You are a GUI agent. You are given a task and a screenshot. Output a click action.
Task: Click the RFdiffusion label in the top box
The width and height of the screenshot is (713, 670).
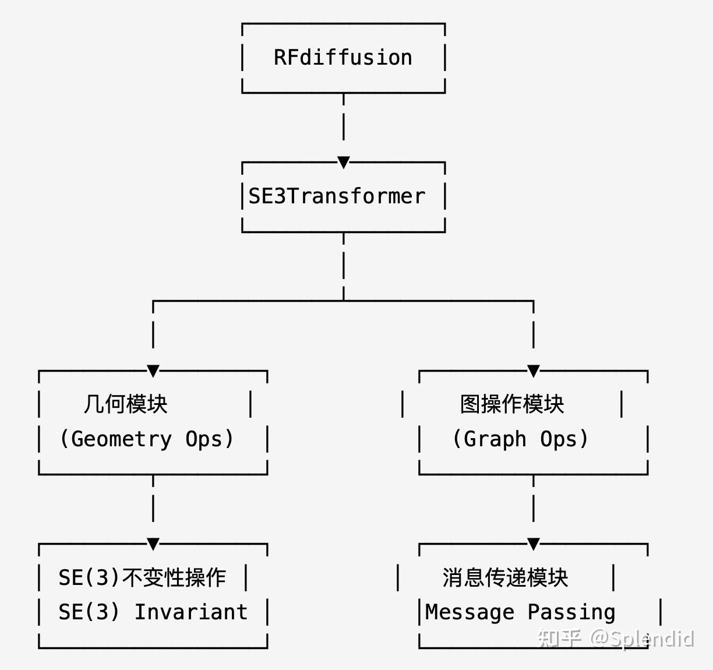point(343,58)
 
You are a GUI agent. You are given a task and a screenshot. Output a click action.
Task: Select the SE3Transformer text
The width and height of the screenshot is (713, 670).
point(337,196)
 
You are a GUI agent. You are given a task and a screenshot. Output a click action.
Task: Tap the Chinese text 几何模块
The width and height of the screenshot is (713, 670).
point(125,404)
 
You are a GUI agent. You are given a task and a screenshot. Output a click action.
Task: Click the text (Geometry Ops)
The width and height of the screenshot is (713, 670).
point(146,439)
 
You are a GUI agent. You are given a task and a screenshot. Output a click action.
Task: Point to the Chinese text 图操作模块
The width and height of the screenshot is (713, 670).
point(512,404)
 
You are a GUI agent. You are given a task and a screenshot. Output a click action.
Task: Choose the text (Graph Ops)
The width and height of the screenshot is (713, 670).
point(520,439)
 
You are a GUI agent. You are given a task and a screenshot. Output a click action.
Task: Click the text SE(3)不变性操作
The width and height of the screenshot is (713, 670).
point(142,577)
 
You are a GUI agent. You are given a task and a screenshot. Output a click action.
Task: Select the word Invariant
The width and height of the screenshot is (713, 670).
point(191,612)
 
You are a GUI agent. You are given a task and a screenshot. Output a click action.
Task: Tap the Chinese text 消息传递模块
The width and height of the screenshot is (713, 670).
point(505,577)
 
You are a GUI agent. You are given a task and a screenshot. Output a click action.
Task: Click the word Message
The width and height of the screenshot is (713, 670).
point(470,612)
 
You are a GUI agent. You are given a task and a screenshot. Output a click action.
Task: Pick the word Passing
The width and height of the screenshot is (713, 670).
point(571,612)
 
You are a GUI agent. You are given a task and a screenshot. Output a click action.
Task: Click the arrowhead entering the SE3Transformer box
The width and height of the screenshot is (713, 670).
point(344,162)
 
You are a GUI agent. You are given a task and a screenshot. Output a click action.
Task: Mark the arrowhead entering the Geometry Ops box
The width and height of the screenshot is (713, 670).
point(153,371)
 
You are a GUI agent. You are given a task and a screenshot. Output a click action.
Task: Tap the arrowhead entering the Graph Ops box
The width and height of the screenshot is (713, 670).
point(534,371)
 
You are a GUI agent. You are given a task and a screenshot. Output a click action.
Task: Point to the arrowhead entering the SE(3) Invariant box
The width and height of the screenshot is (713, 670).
point(153,544)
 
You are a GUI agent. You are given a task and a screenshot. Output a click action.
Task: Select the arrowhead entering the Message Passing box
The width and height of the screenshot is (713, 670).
point(534,544)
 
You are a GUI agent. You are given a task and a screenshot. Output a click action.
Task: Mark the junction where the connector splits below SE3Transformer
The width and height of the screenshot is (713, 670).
point(344,301)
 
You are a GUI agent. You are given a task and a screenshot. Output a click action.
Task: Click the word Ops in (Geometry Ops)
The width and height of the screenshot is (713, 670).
point(204,439)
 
